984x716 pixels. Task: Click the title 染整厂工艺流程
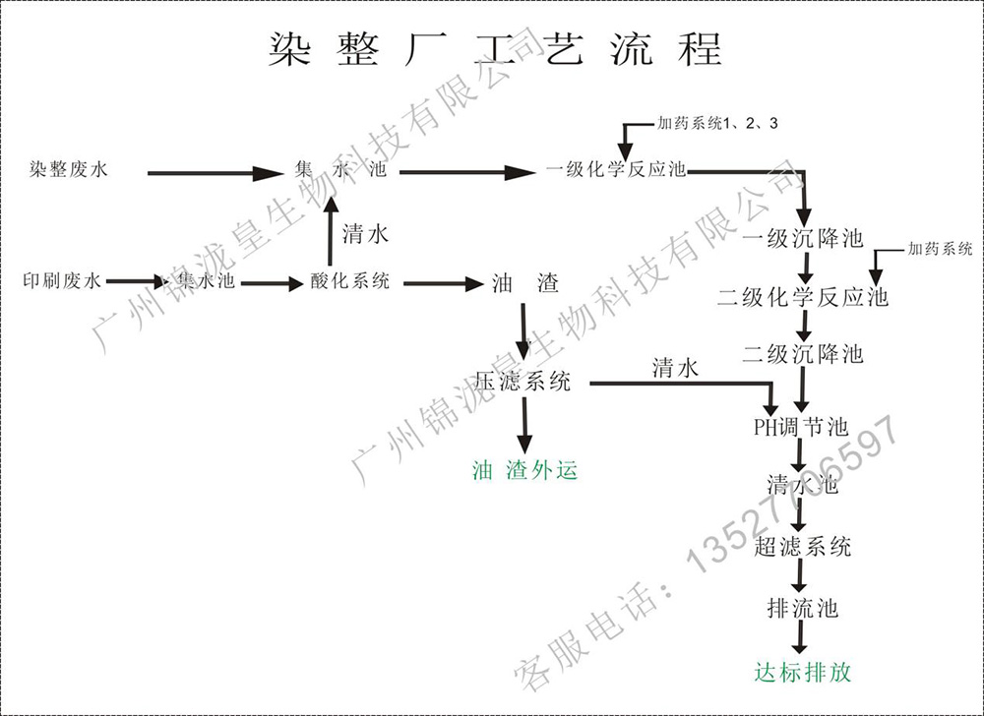click(495, 48)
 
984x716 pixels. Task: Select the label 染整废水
click(68, 170)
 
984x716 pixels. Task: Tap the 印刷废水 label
click(62, 281)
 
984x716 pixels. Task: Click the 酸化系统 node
click(350, 281)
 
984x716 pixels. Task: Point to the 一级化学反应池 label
click(616, 170)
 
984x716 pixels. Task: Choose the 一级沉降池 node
click(802, 238)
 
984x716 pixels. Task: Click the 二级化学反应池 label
click(802, 296)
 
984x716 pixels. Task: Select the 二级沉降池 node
click(802, 354)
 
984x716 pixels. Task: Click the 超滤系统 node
click(802, 547)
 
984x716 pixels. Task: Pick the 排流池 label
click(802, 608)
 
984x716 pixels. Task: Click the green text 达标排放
click(802, 673)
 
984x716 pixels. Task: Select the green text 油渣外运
click(524, 471)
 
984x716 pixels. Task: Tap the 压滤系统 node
click(523, 383)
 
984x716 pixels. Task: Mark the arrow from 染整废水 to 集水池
click(215, 174)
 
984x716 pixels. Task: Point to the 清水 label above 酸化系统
click(366, 234)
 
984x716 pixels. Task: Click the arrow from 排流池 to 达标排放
click(801, 639)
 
